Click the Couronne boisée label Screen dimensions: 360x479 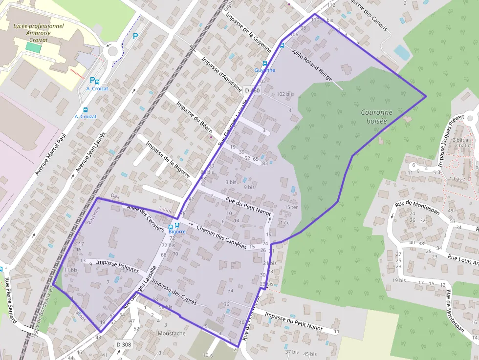tap(377, 116)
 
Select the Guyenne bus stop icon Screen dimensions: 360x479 tap(265, 64)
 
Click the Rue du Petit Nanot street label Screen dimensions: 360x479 tap(248, 206)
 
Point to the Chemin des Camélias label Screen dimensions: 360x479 tap(221, 238)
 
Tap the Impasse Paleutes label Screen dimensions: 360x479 tap(118, 267)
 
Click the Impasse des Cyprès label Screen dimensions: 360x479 tap(174, 292)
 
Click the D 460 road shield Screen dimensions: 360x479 tap(252, 91)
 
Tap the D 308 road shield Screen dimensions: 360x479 tap(124, 345)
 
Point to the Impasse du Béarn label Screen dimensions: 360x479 tap(195, 117)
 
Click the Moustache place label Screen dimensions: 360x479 tap(172, 334)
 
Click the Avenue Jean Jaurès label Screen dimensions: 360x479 tap(90, 152)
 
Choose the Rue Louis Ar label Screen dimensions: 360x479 tap(463, 259)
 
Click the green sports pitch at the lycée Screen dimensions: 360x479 tap(33, 48)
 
